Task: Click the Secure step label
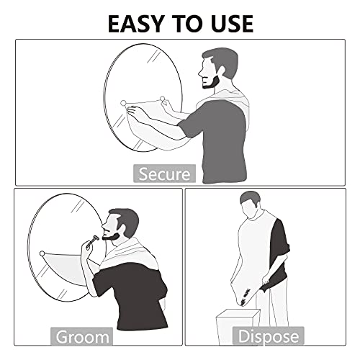tap(164, 174)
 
